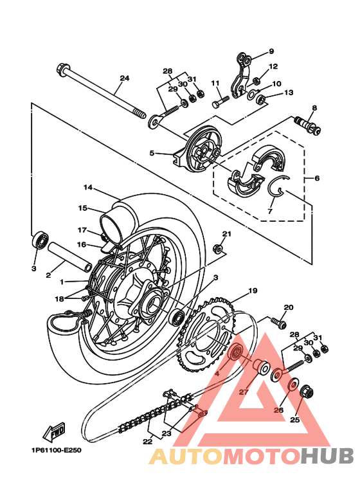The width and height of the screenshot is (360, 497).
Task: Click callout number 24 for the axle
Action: [124, 78]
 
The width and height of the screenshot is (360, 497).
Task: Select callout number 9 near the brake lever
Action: [271, 51]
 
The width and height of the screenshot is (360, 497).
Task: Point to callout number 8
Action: [314, 108]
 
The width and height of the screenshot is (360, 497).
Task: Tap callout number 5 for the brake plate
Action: [152, 153]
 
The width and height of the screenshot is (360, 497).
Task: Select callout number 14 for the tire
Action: [88, 188]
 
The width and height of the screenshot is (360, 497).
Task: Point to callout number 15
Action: [82, 208]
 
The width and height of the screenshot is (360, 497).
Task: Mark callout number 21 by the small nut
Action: [226, 233]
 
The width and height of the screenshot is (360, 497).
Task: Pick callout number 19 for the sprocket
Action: [253, 291]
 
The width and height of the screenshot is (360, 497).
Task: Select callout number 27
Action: [243, 392]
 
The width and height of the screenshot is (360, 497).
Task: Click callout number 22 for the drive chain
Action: [148, 442]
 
